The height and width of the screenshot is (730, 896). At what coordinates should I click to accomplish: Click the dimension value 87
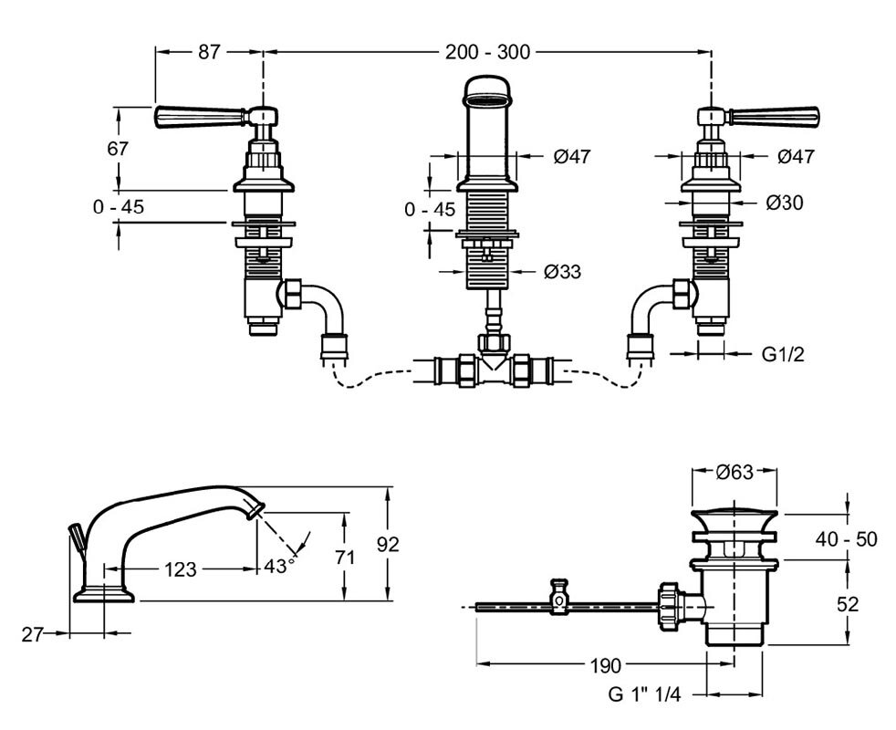coord(209,52)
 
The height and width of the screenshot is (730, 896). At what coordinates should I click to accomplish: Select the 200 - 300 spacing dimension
coord(488,52)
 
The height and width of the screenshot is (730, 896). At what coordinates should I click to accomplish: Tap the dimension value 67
coord(118,149)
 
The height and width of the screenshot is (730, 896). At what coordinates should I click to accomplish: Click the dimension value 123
coord(181,569)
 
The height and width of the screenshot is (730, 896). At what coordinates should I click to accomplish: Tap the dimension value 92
coord(388,544)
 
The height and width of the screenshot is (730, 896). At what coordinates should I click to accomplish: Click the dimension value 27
coord(32,633)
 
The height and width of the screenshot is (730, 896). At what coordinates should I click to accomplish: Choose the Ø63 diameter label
coord(735,472)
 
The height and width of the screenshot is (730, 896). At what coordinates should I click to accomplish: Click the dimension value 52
coord(847,603)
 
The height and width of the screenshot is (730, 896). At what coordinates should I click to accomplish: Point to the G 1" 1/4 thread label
coord(644,694)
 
